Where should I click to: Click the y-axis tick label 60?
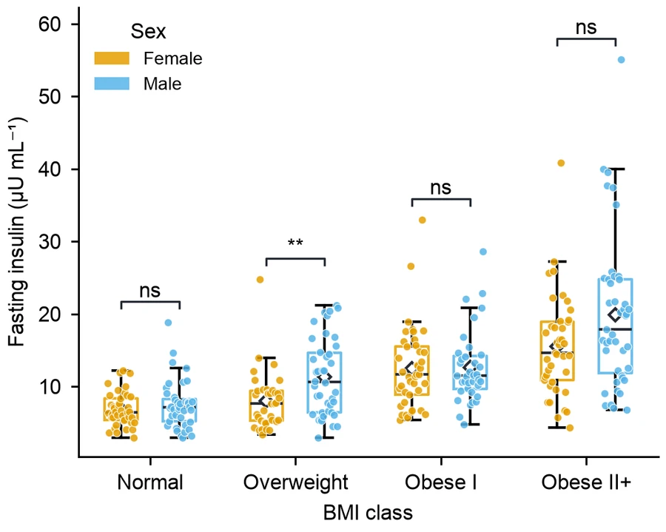click(50, 24)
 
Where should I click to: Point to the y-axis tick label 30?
click(50, 242)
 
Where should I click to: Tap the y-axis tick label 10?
click(50, 387)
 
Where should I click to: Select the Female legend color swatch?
click(112, 58)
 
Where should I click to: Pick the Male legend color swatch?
click(112, 83)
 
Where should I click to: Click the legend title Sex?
click(148, 31)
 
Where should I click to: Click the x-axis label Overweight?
click(295, 482)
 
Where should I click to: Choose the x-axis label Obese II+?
click(586, 482)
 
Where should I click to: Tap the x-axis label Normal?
click(150, 482)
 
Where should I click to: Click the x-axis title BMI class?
click(368, 513)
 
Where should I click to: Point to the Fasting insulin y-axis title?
click(18, 232)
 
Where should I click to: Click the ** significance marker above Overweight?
click(295, 243)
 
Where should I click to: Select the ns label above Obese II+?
click(586, 27)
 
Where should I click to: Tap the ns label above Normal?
click(150, 292)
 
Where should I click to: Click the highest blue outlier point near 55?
click(621, 60)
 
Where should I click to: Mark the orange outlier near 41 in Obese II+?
click(561, 163)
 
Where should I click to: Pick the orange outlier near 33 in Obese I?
click(423, 220)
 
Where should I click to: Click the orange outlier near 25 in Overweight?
click(260, 280)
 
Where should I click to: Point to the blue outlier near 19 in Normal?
click(168, 323)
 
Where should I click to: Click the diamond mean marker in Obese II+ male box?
click(615, 314)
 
